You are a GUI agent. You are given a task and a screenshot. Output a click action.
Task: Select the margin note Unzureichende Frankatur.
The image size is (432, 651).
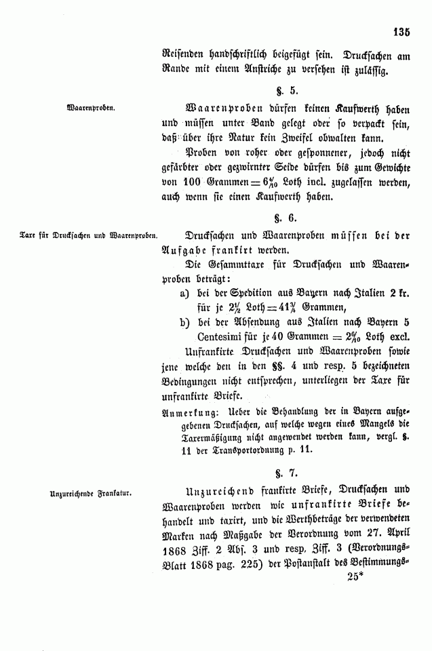[x=90, y=493]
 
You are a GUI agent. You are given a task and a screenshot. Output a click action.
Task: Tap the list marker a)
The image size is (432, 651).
[x=184, y=292]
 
